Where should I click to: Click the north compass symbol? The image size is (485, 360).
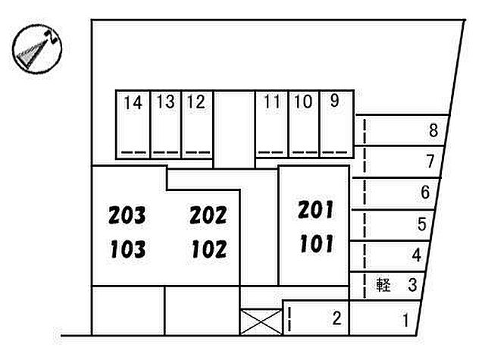pyautogui.click(x=37, y=49)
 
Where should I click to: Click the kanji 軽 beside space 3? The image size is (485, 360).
pyautogui.click(x=383, y=285)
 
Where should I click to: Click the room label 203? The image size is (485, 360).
pyautogui.click(x=127, y=215)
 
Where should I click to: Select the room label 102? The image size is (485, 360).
pyautogui.click(x=209, y=249)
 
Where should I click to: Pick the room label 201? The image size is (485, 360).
pyautogui.click(x=316, y=210)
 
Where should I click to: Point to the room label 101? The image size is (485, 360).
pyautogui.click(x=317, y=243)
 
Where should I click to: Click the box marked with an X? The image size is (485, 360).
pyautogui.click(x=261, y=322)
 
